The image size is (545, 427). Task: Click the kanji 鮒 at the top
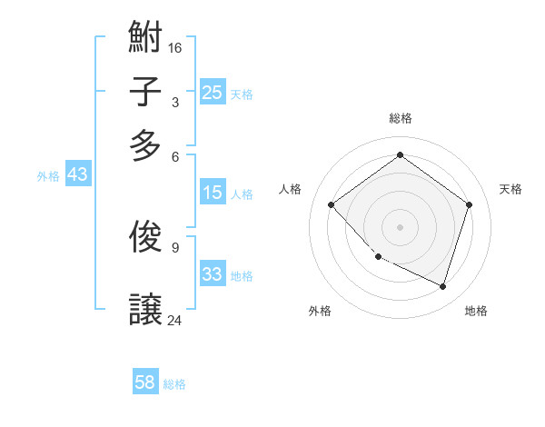click(x=145, y=38)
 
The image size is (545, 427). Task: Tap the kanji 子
click(x=145, y=92)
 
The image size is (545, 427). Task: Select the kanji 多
click(x=145, y=145)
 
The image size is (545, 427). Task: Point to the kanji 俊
click(x=145, y=235)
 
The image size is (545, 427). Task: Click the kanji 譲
click(x=145, y=310)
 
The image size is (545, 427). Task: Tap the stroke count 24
click(x=175, y=320)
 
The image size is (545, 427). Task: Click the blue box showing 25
click(x=212, y=92)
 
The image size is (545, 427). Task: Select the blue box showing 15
click(x=212, y=193)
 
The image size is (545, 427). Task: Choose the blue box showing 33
click(x=212, y=274)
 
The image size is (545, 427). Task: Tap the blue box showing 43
click(x=77, y=174)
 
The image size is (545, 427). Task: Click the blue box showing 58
click(x=144, y=382)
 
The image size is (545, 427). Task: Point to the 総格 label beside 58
click(x=174, y=384)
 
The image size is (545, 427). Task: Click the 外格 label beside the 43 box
click(x=48, y=176)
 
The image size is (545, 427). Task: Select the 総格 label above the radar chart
click(x=401, y=118)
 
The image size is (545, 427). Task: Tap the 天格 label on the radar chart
click(x=510, y=189)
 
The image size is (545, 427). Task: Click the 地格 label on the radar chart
click(x=476, y=311)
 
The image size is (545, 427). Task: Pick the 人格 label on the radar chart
click(x=291, y=189)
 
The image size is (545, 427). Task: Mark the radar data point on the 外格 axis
click(x=378, y=257)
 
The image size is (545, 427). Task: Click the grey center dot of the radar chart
click(x=400, y=226)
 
